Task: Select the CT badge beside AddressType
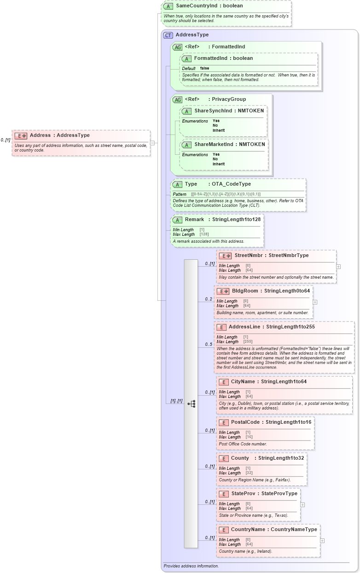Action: [x=168, y=35]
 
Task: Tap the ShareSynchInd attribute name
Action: [x=213, y=111]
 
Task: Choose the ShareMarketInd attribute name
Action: [x=214, y=145]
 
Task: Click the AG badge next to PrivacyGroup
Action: [x=177, y=99]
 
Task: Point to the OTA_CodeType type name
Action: [x=231, y=184]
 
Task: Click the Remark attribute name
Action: [x=194, y=220]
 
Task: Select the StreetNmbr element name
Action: [x=248, y=256]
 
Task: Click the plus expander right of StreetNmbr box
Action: [x=338, y=266]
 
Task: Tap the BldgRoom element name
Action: [x=245, y=291]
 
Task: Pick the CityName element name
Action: [x=243, y=382]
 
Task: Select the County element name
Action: [x=240, y=458]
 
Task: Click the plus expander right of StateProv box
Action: [x=302, y=504]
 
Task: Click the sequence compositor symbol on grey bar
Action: [x=191, y=403]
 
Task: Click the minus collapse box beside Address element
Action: [x=152, y=143]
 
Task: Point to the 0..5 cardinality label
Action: [x=209, y=345]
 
